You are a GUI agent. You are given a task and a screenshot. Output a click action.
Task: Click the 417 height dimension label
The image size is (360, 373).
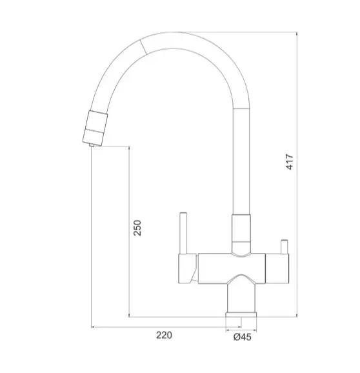click(290, 162)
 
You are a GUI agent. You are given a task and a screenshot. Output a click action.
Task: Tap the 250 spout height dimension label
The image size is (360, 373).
click(137, 228)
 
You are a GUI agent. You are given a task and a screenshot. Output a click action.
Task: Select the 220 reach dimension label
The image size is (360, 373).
click(164, 335)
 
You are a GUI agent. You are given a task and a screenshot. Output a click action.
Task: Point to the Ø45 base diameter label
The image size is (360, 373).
click(242, 337)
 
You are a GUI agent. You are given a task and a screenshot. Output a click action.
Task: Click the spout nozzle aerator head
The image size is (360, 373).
click(95, 128)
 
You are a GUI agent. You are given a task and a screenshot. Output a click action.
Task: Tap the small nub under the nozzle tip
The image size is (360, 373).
click(92, 145)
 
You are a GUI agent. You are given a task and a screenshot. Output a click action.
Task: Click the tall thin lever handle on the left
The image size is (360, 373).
click(183, 233)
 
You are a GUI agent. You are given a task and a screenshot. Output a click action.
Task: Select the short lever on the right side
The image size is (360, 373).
click(285, 247)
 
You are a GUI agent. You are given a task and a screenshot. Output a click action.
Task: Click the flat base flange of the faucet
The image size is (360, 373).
click(241, 314)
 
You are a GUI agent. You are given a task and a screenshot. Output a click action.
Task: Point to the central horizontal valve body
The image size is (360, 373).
click(232, 268)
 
